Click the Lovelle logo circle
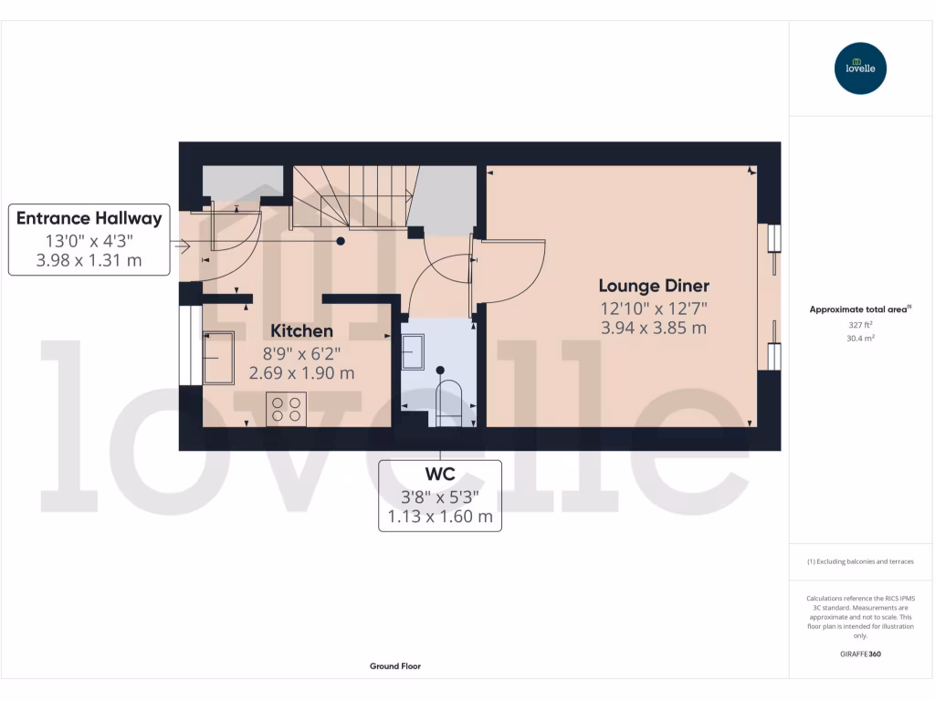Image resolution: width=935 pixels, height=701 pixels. (x=860, y=68)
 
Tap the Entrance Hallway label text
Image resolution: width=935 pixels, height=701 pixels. (x=89, y=218)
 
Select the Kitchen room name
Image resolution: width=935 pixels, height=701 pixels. (x=301, y=330)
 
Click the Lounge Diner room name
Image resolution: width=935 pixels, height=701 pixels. (x=654, y=286)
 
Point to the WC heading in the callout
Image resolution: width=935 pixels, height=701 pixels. (x=440, y=475)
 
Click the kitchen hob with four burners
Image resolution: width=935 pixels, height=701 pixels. (x=286, y=409)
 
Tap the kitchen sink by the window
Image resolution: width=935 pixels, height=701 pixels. (x=218, y=357)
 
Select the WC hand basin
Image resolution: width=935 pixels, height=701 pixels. (x=413, y=351)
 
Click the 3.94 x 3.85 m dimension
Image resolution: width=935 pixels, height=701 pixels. (x=654, y=328)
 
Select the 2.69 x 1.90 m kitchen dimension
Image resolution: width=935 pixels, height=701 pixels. (x=301, y=372)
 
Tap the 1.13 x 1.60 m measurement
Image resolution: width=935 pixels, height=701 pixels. (x=440, y=518)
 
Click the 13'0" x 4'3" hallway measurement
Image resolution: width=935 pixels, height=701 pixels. (x=89, y=241)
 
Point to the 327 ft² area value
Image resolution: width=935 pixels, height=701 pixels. (x=860, y=324)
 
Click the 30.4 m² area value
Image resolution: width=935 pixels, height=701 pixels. (x=860, y=338)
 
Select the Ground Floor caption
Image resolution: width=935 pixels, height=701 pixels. (x=394, y=666)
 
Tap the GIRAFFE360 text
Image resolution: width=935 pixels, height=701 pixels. (x=860, y=654)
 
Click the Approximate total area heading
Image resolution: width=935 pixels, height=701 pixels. (x=860, y=309)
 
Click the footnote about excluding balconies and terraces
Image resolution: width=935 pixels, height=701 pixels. (x=860, y=561)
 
